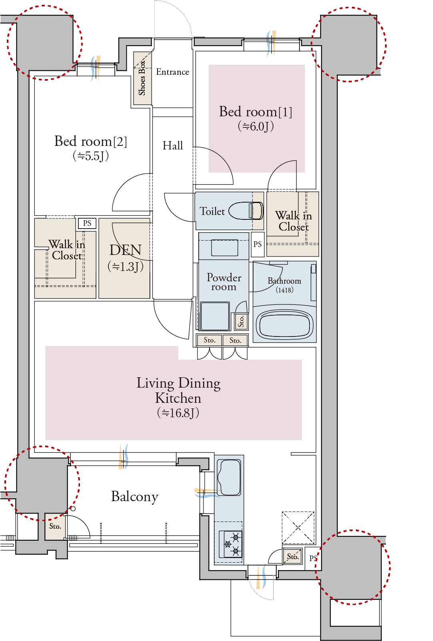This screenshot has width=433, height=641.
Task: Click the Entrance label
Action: (x=172, y=72)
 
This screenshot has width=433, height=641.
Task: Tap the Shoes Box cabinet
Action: (x=142, y=78)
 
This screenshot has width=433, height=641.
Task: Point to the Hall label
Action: (x=172, y=145)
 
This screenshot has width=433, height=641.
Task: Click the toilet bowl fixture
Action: (x=246, y=211)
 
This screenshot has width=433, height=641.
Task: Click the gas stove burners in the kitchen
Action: (x=231, y=544)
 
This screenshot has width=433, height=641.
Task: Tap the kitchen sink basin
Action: (x=229, y=477)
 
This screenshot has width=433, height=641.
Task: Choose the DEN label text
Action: (x=126, y=250)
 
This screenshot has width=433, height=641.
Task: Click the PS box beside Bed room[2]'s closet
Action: (x=87, y=223)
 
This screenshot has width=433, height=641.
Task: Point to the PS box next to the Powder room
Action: (x=257, y=245)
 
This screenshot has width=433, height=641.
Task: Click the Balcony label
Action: (x=135, y=496)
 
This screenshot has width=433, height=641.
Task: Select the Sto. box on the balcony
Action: (x=55, y=526)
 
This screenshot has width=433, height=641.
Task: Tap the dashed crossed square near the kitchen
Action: (x=298, y=528)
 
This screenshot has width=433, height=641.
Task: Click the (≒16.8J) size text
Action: (x=178, y=413)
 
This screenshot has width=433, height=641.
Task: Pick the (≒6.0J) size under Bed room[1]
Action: (x=256, y=126)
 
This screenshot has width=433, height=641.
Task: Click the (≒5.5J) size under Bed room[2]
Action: (x=90, y=156)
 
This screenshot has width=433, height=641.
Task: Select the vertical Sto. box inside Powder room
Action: (x=241, y=321)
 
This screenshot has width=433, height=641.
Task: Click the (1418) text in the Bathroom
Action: (x=284, y=290)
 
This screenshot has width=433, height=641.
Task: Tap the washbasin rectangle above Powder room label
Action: (x=225, y=248)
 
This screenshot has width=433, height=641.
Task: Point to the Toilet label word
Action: (x=212, y=211)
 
